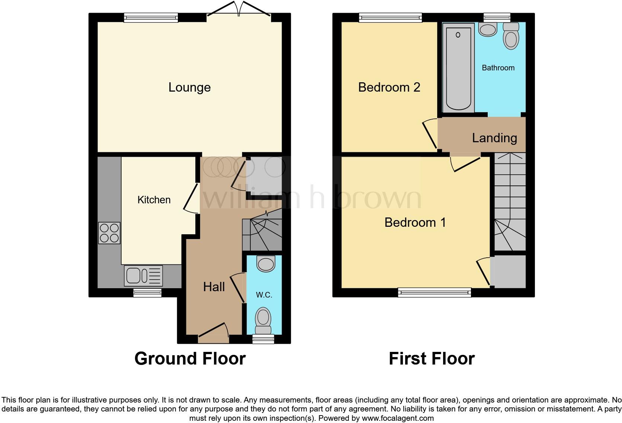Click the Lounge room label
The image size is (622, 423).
tap(189, 88)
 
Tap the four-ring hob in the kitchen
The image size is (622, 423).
tap(109, 233)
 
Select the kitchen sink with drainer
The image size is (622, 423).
tap(143, 276)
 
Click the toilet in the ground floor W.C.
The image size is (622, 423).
tap(263, 320)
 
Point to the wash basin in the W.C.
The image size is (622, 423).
tap(266, 264)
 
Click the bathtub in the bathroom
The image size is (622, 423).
tap(458, 67)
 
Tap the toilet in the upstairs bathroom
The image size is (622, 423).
tap(511, 36)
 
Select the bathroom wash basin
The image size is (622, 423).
tap(488, 29)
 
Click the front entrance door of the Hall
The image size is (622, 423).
tap(214, 333)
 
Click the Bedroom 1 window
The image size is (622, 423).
tap(434, 293)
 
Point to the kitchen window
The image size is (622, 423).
tap(147, 293)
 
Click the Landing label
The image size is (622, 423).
tap(494, 138)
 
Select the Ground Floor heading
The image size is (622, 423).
tap(190, 359)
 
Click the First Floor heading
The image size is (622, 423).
tap(432, 359)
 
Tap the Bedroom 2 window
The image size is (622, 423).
tap(390, 17)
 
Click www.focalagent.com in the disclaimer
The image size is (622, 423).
tap(398, 418)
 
